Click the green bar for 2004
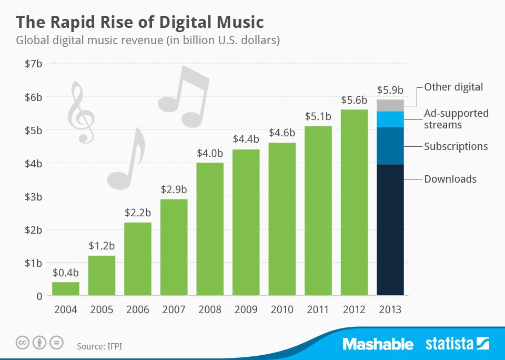point(66,289)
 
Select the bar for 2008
point(210,229)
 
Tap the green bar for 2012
point(354,203)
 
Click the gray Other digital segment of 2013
point(390,105)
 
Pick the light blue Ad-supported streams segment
point(390,119)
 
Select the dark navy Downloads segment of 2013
point(390,230)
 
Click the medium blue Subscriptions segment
point(390,146)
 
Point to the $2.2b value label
point(138,213)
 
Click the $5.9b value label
point(390,89)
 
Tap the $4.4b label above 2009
point(246,139)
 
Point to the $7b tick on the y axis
point(33,64)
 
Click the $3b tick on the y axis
point(33,196)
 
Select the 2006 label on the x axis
point(138,309)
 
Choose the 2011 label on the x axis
point(318,309)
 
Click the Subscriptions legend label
point(456,146)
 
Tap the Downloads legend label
point(450,179)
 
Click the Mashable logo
point(378,344)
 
